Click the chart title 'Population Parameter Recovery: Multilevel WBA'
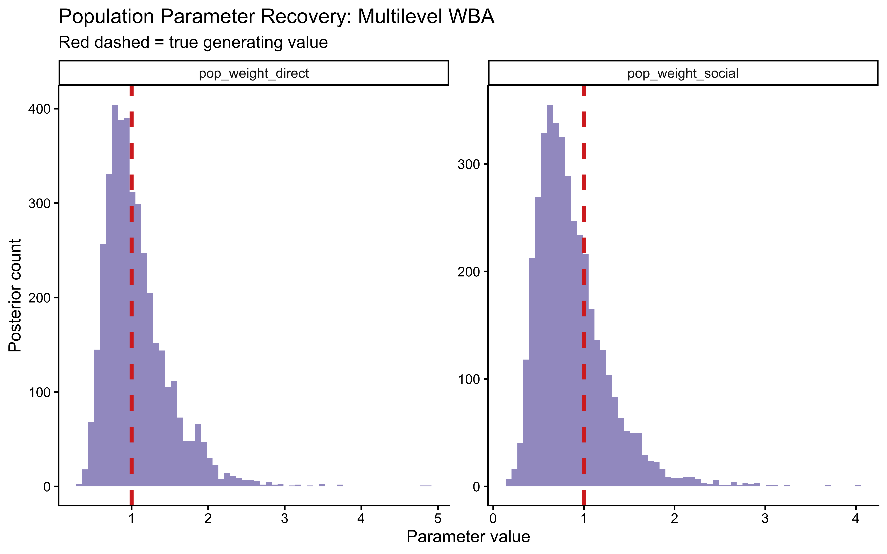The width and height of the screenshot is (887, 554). point(276,17)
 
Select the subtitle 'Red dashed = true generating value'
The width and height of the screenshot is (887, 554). point(193,42)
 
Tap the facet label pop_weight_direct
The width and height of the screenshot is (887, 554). point(254,73)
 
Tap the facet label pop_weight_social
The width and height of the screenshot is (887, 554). point(683,73)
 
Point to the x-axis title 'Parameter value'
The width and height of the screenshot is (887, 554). point(468,537)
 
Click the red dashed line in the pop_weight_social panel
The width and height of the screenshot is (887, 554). point(584,330)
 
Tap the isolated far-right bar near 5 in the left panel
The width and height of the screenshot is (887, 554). point(426,486)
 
